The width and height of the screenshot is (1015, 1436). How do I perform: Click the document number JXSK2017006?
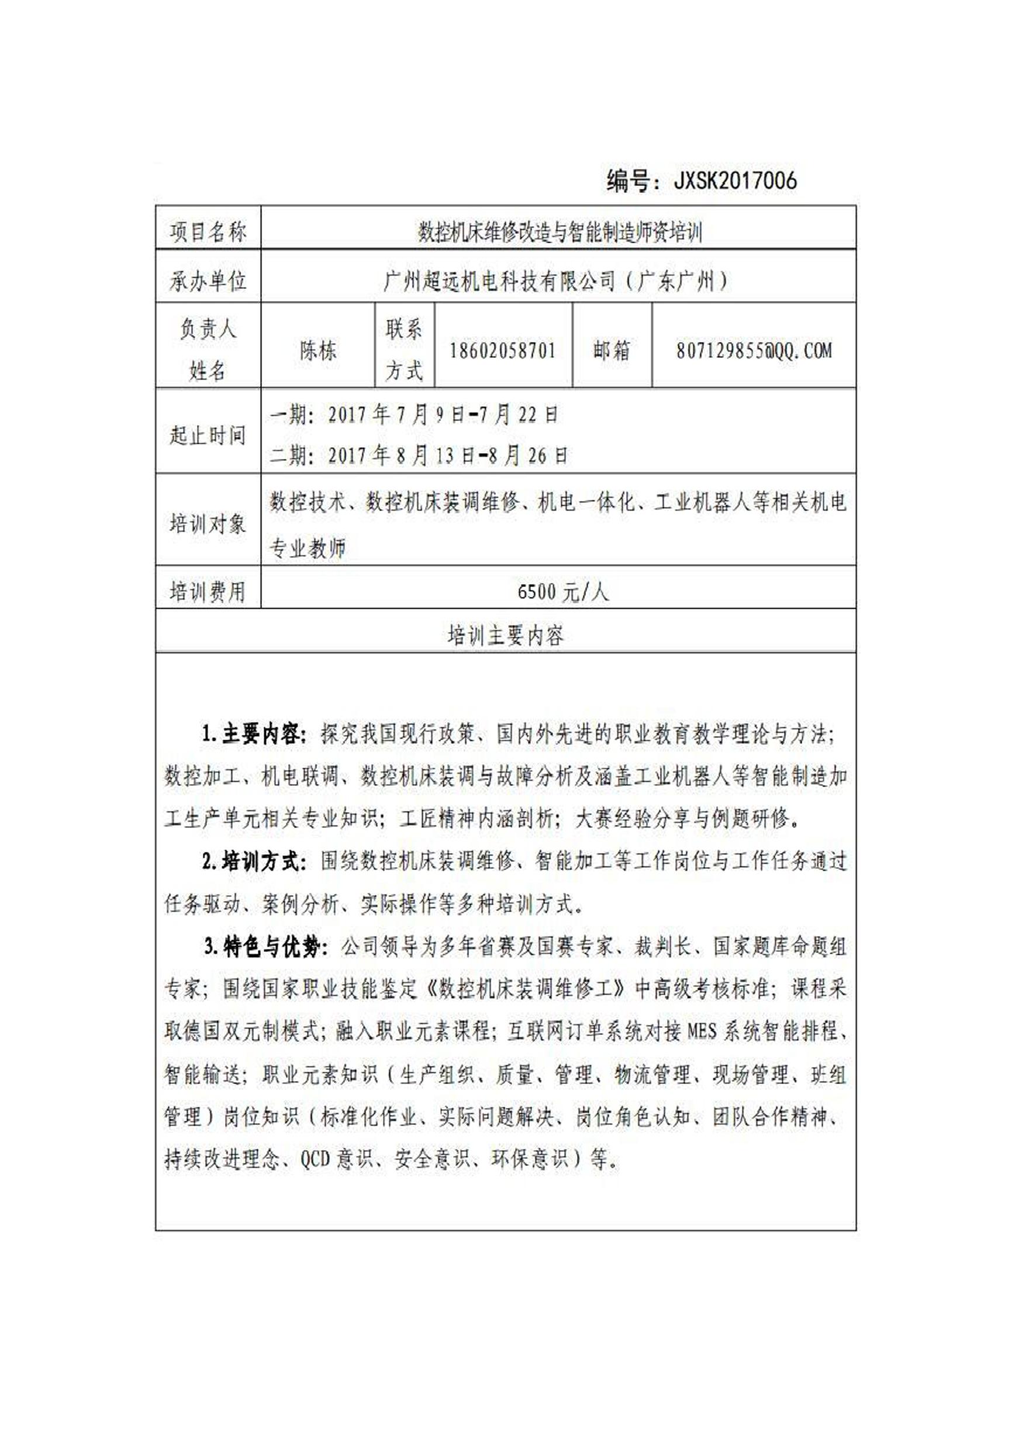point(735,181)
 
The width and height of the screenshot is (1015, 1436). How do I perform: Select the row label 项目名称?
point(208,232)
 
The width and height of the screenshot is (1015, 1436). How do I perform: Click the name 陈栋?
point(317,351)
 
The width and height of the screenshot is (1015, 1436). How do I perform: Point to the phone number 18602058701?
point(503,351)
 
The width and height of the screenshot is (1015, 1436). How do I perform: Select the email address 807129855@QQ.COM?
point(754,351)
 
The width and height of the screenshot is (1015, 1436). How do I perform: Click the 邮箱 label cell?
point(611,351)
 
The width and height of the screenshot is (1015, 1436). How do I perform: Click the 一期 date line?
point(413,415)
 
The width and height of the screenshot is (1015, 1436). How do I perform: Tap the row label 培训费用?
point(208,592)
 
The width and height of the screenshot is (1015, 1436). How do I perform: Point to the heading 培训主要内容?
point(505,636)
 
